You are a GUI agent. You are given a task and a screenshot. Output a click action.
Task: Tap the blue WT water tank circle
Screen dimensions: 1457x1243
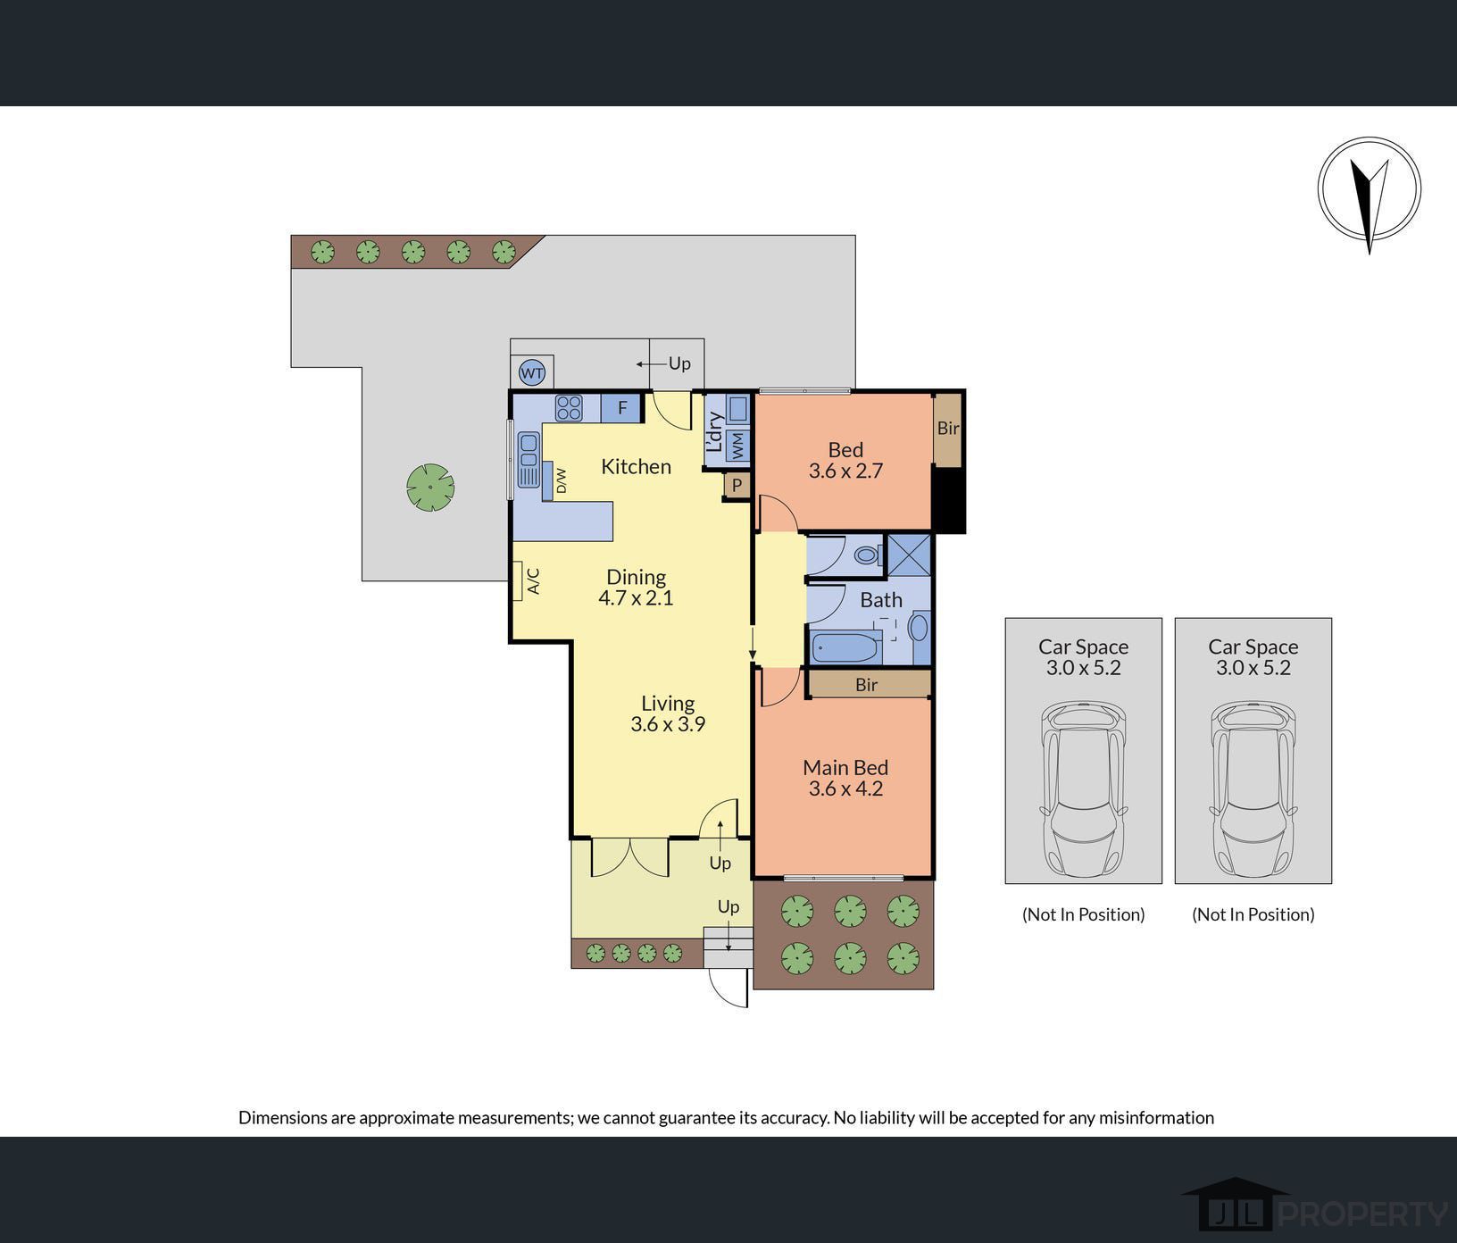pos(532,373)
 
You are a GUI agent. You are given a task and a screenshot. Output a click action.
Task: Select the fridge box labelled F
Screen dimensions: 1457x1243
pos(622,408)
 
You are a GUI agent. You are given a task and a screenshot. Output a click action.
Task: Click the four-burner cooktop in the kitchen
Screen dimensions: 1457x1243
pos(569,408)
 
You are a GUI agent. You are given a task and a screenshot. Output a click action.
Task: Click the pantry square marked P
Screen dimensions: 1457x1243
pos(737,486)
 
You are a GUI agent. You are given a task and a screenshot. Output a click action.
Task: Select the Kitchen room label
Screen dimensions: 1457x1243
pos(636,466)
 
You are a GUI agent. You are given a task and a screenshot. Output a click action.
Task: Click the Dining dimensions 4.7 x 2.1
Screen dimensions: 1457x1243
pos(636,598)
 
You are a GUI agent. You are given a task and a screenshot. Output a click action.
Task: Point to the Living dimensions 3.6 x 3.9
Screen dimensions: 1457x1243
pos(668,724)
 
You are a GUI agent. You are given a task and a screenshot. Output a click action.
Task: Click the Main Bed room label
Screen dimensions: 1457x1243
pos(845,767)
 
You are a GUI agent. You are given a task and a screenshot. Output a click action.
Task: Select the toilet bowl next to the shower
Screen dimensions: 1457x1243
pos(867,555)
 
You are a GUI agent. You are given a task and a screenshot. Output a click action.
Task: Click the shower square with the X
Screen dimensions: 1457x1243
pos(909,555)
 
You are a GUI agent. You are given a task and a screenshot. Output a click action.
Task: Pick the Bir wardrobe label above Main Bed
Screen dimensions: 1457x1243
pos(866,685)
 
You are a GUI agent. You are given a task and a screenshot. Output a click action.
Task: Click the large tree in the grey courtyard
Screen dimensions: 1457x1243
pos(430,488)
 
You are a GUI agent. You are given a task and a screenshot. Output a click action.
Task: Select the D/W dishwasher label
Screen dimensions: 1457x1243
pos(562,481)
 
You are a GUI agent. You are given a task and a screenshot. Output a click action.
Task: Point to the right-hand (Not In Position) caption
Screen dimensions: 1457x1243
pos(1253,914)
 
